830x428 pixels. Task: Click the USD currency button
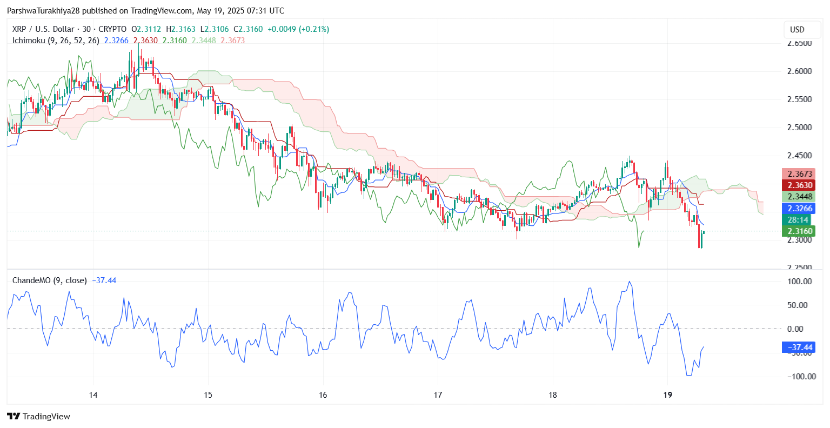point(797,30)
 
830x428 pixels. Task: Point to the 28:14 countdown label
point(798,220)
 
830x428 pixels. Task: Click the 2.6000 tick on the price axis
point(800,71)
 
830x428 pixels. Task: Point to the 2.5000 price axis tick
point(800,128)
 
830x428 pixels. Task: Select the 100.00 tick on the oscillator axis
point(800,282)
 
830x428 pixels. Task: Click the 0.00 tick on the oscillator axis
point(802,329)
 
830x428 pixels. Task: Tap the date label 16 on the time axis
point(323,395)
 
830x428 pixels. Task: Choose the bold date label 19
point(668,395)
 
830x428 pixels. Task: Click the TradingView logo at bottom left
point(38,417)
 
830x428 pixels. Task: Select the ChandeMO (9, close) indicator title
point(49,280)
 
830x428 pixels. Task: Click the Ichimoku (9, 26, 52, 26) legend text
point(56,41)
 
